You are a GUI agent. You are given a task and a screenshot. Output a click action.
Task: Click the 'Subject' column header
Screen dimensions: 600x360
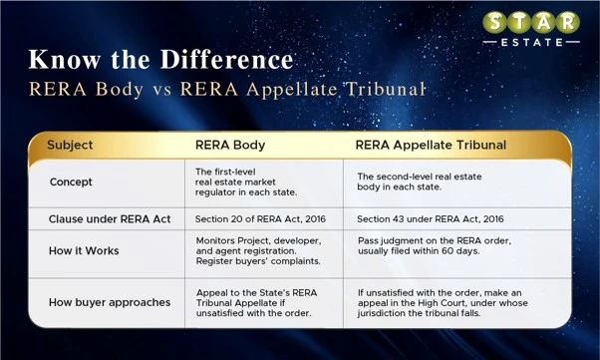[x=70, y=146]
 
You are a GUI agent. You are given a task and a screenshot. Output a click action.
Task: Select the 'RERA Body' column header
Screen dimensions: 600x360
[x=230, y=146]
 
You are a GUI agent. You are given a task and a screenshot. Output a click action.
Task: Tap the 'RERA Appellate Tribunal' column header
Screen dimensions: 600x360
[x=431, y=146]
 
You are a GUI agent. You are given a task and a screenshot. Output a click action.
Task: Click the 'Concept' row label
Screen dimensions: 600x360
[x=71, y=181]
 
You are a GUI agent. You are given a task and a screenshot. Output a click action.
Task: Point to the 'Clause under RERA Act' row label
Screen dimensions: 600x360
[x=110, y=219]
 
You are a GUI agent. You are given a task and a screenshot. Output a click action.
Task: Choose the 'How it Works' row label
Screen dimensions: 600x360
[x=84, y=251]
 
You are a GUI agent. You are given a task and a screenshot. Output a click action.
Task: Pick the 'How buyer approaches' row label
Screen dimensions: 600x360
[x=110, y=302]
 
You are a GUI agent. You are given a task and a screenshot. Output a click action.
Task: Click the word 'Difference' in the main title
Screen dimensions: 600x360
[x=226, y=60]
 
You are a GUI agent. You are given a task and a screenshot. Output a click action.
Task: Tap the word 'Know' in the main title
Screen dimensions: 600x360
[x=65, y=60]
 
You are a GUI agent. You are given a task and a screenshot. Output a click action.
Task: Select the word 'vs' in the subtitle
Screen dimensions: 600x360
[x=161, y=90]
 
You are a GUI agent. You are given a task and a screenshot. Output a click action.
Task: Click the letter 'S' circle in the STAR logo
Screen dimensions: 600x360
[x=494, y=23]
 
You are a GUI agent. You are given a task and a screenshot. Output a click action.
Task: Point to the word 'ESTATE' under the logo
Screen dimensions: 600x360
[x=532, y=43]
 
